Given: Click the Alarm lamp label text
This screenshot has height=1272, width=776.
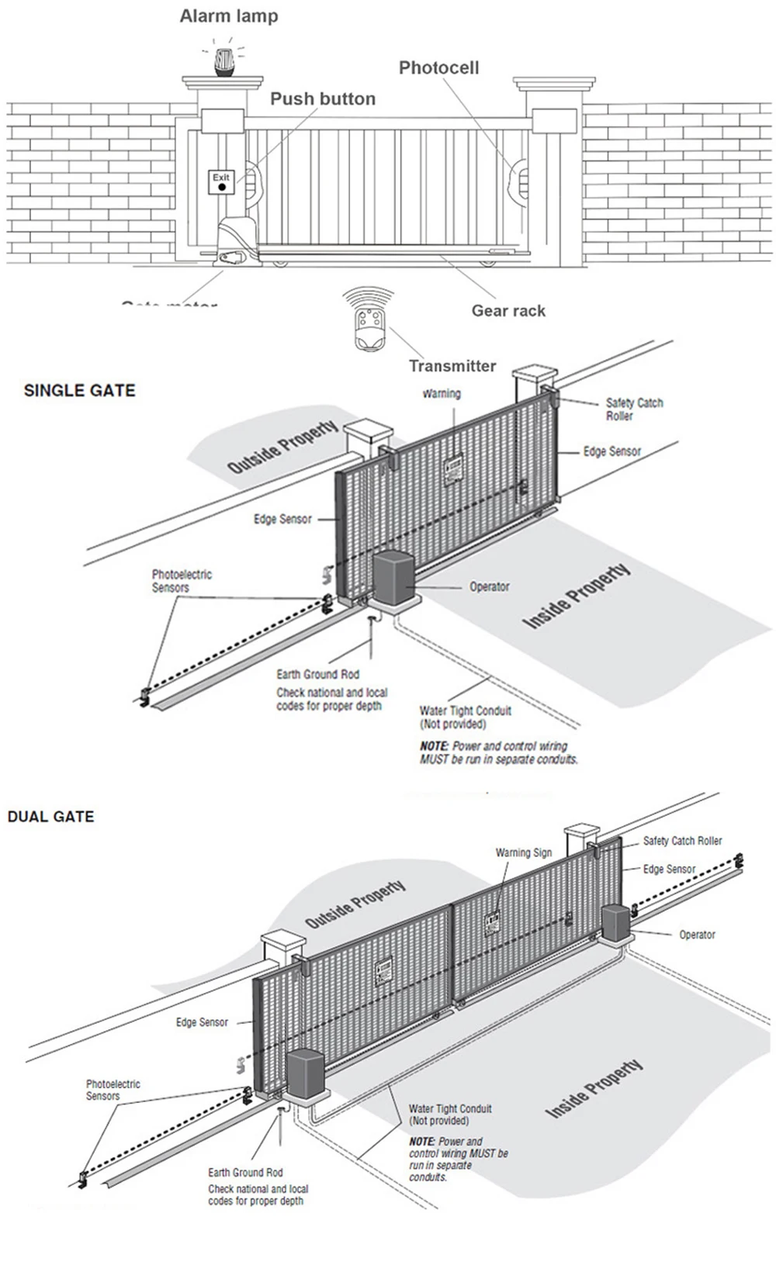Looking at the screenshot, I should pyautogui.click(x=228, y=16).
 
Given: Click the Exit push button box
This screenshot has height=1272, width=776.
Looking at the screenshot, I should pyautogui.click(x=222, y=182).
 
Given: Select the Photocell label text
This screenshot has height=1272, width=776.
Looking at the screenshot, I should pyautogui.click(x=438, y=68).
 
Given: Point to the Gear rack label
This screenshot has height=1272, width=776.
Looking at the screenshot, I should pyautogui.click(x=508, y=311).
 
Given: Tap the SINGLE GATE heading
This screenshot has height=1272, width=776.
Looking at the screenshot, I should pyautogui.click(x=79, y=391).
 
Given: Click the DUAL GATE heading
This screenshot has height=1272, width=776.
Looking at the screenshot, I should pyautogui.click(x=50, y=817).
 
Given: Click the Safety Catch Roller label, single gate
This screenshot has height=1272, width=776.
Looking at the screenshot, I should pyautogui.click(x=634, y=410).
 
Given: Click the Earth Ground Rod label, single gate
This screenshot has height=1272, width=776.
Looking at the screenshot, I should pyautogui.click(x=317, y=675).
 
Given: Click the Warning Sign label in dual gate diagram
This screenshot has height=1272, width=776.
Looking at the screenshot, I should pyautogui.click(x=524, y=853).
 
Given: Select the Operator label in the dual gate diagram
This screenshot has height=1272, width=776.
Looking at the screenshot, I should pyautogui.click(x=697, y=935).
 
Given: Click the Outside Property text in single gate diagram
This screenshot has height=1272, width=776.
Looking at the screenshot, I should pyautogui.click(x=282, y=448).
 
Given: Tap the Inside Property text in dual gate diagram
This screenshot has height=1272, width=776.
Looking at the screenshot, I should pyautogui.click(x=594, y=1089).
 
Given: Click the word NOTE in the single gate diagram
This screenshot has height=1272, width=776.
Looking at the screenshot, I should pyautogui.click(x=434, y=746).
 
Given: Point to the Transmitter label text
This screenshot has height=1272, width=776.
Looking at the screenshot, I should pyautogui.click(x=452, y=366).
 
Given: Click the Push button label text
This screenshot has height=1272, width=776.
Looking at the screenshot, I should pyautogui.click(x=323, y=99).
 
